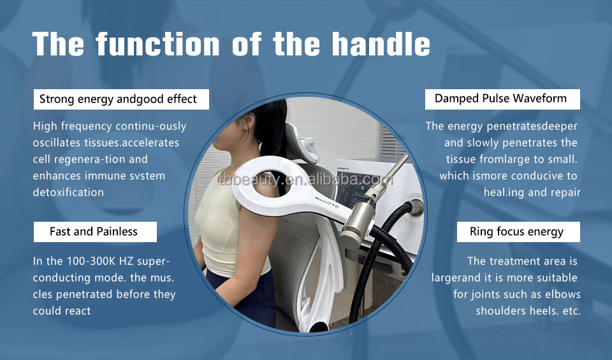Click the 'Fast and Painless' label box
(x=94, y=231)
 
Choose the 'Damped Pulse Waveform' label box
(x=500, y=99)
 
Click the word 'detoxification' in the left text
(x=68, y=192)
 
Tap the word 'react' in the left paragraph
(x=76, y=311)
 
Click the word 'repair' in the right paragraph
(x=563, y=192)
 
